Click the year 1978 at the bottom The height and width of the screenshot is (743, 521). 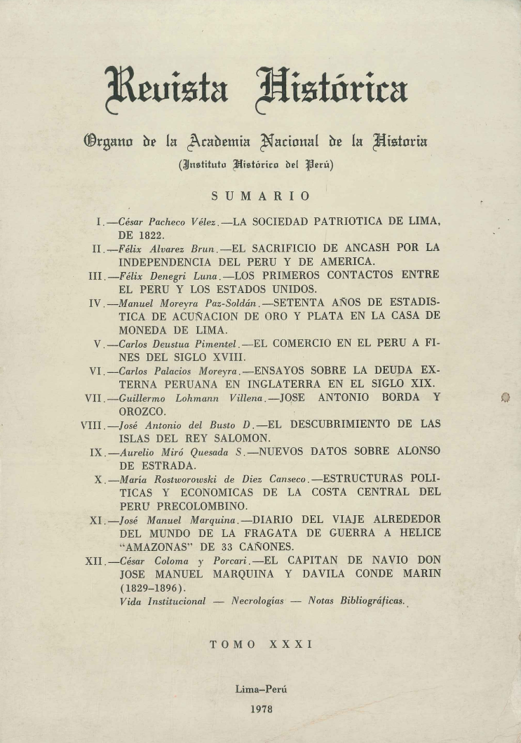click(261, 709)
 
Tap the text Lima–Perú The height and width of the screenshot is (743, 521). click(261, 689)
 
